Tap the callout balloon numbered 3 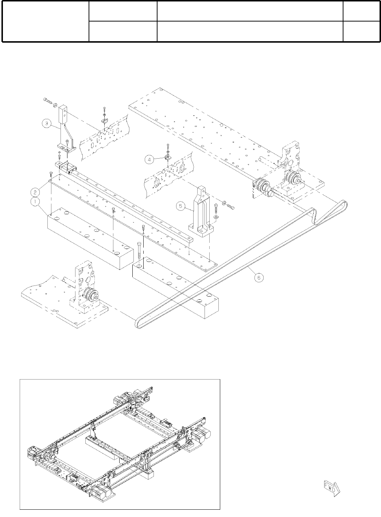point(46,123)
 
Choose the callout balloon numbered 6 point(258,277)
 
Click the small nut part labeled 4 point(168,157)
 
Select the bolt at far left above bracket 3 point(47,100)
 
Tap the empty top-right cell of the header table point(361,11)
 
